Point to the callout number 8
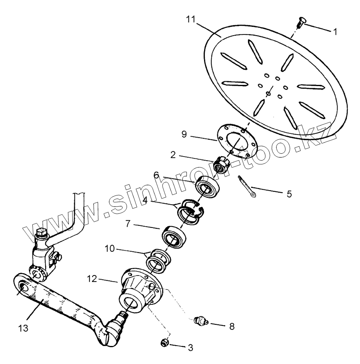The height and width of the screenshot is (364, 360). [232, 326]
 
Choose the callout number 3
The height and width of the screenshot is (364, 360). [190, 348]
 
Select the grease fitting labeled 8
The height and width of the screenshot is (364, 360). [199, 321]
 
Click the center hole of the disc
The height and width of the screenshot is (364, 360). [268, 95]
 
